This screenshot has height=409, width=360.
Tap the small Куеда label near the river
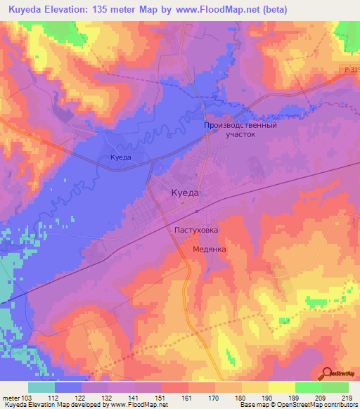click(x=121, y=157)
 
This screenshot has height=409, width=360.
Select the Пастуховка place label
click(x=196, y=230)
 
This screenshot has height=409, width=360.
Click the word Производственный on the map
click(x=240, y=125)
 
